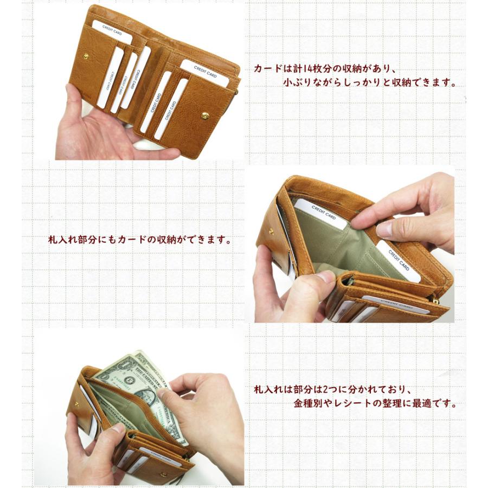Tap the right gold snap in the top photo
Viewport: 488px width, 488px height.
(x=205, y=115)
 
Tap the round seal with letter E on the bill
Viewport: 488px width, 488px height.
(x=129, y=380)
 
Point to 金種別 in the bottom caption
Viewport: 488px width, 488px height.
(x=306, y=404)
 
